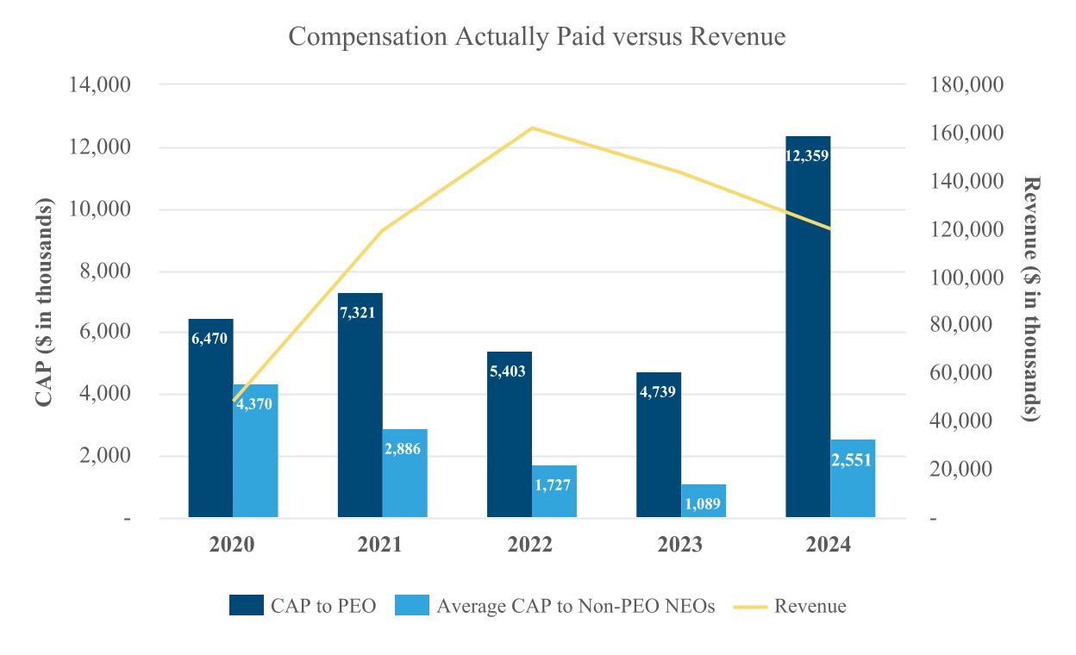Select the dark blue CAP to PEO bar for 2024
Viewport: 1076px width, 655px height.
[x=808, y=327]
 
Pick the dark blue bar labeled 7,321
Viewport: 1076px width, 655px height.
[x=360, y=405]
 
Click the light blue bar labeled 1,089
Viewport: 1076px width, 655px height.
[x=704, y=502]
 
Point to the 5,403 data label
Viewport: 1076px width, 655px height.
[x=509, y=371]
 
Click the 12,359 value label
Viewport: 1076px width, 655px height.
[x=808, y=157]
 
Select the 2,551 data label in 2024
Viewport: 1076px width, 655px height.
[x=852, y=460]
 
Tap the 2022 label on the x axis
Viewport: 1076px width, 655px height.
[x=531, y=546]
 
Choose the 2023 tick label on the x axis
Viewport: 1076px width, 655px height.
[x=680, y=546]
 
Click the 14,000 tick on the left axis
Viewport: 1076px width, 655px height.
[x=101, y=85]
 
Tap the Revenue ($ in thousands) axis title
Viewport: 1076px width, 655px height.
[x=1031, y=299]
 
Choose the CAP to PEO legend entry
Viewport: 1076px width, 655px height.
[x=303, y=606]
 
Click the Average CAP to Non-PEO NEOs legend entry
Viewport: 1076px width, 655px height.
[x=555, y=606]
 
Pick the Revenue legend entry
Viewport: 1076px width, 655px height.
[x=790, y=606]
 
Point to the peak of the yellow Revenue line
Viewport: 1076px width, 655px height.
[x=532, y=128]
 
